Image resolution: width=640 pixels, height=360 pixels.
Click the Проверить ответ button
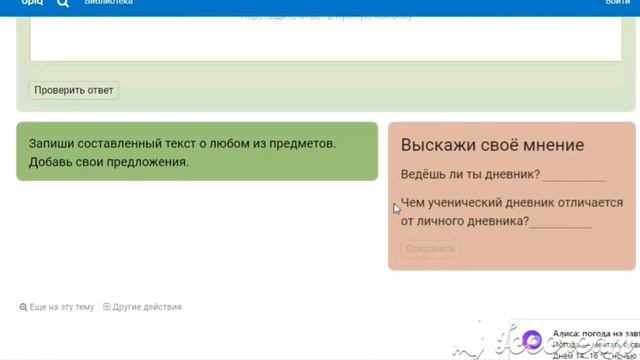(74, 90)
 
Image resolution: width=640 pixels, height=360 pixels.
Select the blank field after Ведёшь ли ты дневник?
(573, 176)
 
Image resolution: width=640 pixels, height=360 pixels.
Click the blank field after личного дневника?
(560, 222)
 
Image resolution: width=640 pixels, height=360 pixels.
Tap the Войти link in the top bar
(617, 3)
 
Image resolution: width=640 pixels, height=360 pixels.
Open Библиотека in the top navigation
(109, 3)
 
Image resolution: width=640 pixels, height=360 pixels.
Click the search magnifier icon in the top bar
(63, 3)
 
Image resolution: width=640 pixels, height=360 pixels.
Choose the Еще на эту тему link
(62, 307)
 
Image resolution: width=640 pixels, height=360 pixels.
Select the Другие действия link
(147, 307)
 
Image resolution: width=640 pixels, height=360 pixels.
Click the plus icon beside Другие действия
(107, 307)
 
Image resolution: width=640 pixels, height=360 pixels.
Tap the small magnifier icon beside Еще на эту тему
(23, 307)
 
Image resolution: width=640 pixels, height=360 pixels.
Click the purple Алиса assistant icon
(533, 340)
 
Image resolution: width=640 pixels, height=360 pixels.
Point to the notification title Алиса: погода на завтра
(596, 334)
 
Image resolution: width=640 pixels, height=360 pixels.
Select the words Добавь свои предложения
(108, 162)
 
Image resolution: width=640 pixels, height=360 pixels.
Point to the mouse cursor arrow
(397, 208)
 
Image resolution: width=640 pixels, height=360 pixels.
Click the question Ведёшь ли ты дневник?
(470, 175)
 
